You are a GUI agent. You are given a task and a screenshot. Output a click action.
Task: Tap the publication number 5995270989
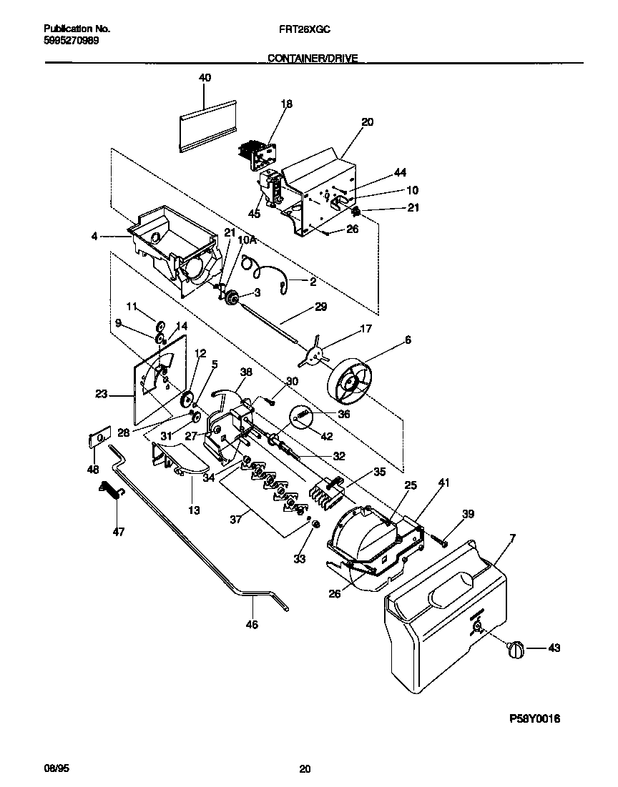pyautogui.click(x=72, y=41)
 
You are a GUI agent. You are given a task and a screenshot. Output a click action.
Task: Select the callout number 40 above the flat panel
pyautogui.click(x=205, y=77)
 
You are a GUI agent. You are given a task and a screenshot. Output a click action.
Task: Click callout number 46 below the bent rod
pyautogui.click(x=251, y=623)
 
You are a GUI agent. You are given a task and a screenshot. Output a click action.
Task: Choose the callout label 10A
pyautogui.click(x=246, y=242)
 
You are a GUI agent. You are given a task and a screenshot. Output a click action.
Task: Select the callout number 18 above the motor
pyautogui.click(x=286, y=104)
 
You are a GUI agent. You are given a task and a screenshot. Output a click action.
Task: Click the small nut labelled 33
pyautogui.click(x=312, y=525)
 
